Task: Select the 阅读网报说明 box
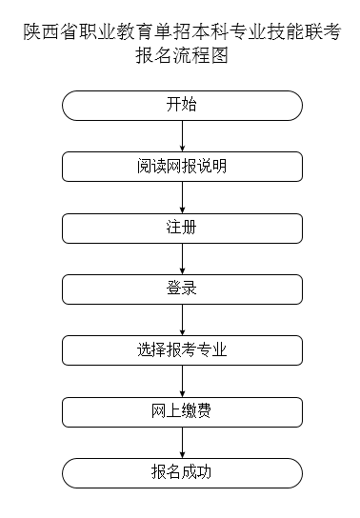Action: (x=181, y=167)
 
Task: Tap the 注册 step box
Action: (x=181, y=228)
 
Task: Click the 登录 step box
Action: (x=181, y=289)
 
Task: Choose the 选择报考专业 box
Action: (x=181, y=349)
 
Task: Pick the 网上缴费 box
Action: (x=181, y=411)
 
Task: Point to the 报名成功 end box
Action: (x=181, y=472)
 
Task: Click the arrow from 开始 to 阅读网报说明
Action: (x=181, y=135)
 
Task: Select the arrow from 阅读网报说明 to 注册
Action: (x=181, y=197)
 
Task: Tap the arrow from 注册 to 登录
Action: (x=181, y=258)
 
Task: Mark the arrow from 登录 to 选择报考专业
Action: (x=181, y=319)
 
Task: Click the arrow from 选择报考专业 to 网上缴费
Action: (x=181, y=381)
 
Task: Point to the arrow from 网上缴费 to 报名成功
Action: (x=181, y=442)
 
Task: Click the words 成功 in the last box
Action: (x=196, y=472)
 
